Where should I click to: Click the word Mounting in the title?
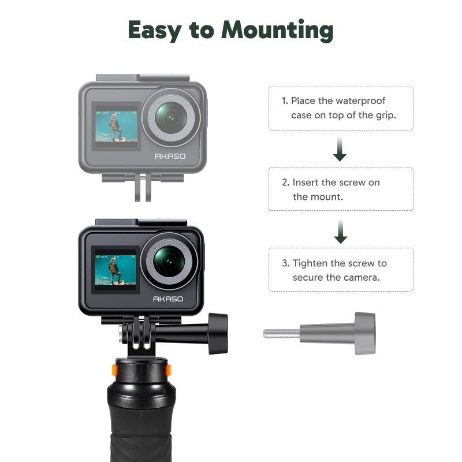pos(277,29)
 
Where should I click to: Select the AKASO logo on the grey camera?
pos(170,157)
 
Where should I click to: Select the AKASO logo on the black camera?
pos(168,299)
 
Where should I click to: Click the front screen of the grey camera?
pos(117,126)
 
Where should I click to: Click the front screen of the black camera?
pos(115,269)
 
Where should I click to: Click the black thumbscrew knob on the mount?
pos(218,333)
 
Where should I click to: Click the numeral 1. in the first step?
pos(285,100)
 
